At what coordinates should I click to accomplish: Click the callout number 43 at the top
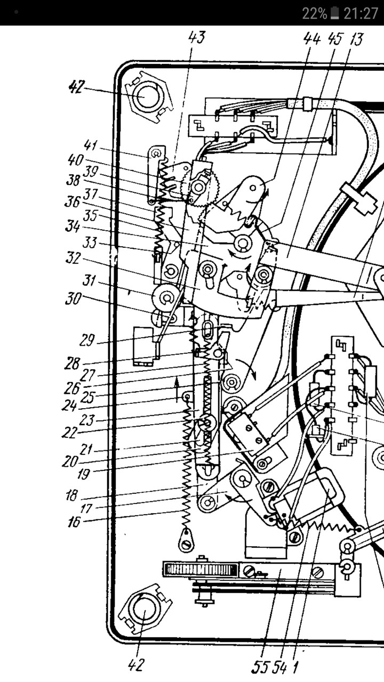[197, 38]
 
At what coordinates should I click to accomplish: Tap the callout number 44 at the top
[312, 39]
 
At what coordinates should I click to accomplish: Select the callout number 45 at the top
[335, 39]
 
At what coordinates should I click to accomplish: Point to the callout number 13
[355, 39]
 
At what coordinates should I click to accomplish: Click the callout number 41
[91, 145]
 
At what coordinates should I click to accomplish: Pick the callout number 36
[72, 201]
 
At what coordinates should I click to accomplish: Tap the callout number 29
[87, 340]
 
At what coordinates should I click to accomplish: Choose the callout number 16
[74, 521]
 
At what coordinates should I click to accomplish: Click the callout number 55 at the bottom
[260, 668]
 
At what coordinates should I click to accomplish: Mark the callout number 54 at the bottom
[279, 668]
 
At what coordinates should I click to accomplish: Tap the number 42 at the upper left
[76, 87]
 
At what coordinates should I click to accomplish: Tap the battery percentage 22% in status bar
[315, 13]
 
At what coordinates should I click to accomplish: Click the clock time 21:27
[361, 13]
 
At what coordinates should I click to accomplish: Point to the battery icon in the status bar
[335, 13]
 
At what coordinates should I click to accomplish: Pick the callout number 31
[89, 280]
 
